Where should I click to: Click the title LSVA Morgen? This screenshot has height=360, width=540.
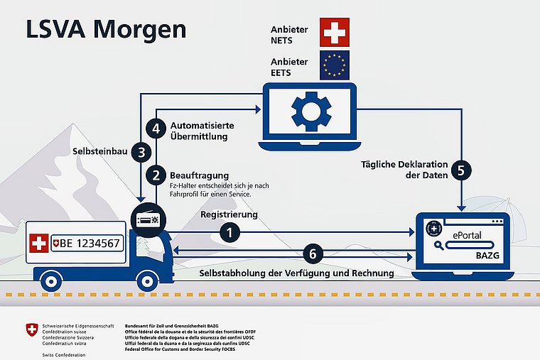tap(107, 30)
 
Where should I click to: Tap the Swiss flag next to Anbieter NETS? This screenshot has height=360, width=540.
tap(335, 33)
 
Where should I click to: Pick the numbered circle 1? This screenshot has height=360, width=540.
tap(229, 231)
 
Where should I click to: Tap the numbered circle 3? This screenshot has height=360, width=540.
tap(142, 152)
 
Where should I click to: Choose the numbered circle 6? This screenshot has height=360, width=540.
tap(313, 253)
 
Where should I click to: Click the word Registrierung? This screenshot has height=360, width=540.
tap(229, 214)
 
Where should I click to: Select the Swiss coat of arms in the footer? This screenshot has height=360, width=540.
tap(31, 330)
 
